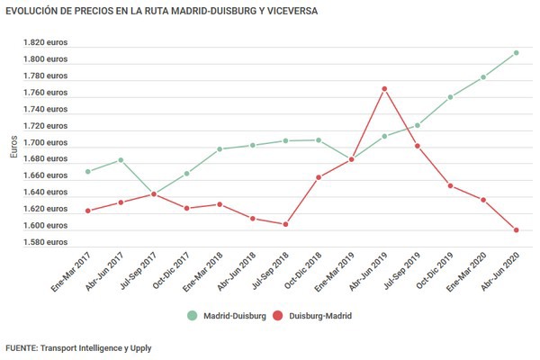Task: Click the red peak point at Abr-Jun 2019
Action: (383, 89)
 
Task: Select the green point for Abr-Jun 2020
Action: (516, 52)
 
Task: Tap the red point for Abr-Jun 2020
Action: (516, 229)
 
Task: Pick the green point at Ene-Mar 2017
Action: (87, 171)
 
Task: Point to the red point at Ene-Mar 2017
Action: (87, 211)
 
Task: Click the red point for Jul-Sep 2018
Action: (285, 224)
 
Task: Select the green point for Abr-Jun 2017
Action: (121, 160)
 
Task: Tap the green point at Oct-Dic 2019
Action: (450, 97)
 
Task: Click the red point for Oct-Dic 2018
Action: (319, 177)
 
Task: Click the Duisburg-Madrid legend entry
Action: (311, 316)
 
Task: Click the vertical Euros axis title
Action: (13, 144)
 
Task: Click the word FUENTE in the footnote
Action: (22, 347)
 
